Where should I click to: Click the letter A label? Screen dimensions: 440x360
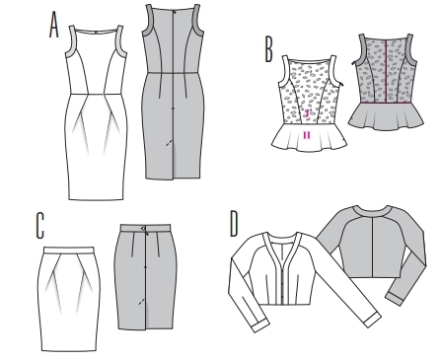click(x=54, y=25)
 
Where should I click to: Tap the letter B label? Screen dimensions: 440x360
click(x=268, y=50)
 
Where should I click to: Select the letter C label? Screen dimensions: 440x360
click(x=39, y=225)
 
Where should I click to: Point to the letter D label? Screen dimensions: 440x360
click(x=234, y=224)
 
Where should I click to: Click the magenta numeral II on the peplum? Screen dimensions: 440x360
click(x=307, y=135)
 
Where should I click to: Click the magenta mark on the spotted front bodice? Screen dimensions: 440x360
click(x=307, y=113)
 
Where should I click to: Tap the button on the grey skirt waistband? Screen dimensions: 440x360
click(x=144, y=228)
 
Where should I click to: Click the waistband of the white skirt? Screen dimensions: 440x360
click(x=69, y=250)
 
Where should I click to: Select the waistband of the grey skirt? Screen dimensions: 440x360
click(x=145, y=228)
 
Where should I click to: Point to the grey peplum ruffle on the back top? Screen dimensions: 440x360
click(x=386, y=116)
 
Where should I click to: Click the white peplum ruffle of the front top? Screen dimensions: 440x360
click(x=310, y=138)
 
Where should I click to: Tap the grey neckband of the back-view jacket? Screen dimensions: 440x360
click(x=371, y=210)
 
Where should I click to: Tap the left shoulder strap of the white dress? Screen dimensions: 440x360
click(x=72, y=41)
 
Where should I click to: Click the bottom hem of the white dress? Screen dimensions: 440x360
click(x=97, y=199)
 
